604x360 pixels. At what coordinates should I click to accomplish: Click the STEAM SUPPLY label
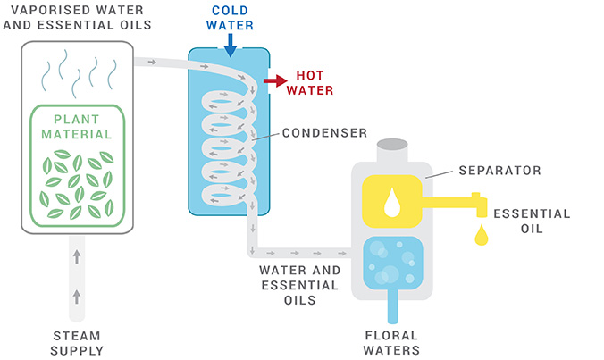pyautogui.click(x=76, y=343)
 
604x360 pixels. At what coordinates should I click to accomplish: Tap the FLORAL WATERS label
pyautogui.click(x=390, y=343)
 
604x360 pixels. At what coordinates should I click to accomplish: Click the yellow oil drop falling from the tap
pyautogui.click(x=481, y=235)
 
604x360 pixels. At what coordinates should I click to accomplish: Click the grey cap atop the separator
pyautogui.click(x=391, y=147)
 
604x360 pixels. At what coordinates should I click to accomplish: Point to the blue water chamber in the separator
pyautogui.click(x=391, y=261)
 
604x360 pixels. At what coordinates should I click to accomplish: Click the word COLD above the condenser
pyautogui.click(x=231, y=10)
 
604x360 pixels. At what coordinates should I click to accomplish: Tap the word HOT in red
pyautogui.click(x=309, y=76)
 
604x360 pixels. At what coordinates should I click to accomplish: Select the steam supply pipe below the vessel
pyautogui.click(x=76, y=277)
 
